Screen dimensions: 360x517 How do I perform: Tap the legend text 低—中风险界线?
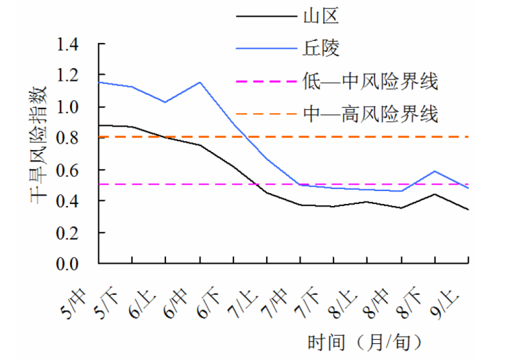pyautogui.click(x=370, y=82)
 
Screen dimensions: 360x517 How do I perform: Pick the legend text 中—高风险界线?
pyautogui.click(x=370, y=116)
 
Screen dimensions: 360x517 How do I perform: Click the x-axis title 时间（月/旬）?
pyautogui.click(x=366, y=343)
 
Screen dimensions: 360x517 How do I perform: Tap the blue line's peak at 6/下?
pyautogui.click(x=200, y=82)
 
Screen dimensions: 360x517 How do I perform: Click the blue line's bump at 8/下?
pyautogui.click(x=436, y=171)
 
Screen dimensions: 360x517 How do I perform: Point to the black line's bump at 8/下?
pyautogui.click(x=436, y=194)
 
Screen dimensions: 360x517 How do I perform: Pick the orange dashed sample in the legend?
pyautogui.click(x=266, y=116)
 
